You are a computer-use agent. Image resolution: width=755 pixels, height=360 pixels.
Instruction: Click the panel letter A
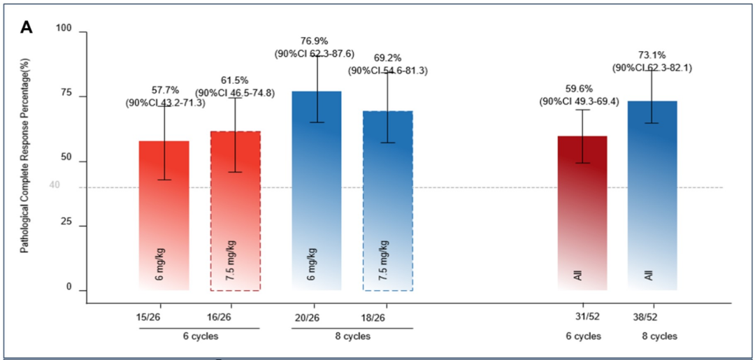pyautogui.click(x=27, y=27)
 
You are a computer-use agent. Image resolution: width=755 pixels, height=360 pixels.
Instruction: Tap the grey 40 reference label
pyautogui.click(x=55, y=185)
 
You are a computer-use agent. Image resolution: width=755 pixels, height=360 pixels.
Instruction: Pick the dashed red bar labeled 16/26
pyautogui.click(x=236, y=210)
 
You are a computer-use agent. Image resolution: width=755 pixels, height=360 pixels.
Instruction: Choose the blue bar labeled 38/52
pyautogui.click(x=652, y=195)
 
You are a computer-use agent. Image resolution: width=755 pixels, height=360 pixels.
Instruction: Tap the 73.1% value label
pyautogui.click(x=652, y=56)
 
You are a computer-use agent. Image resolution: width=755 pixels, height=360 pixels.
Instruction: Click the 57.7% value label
pyautogui.click(x=166, y=90)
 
